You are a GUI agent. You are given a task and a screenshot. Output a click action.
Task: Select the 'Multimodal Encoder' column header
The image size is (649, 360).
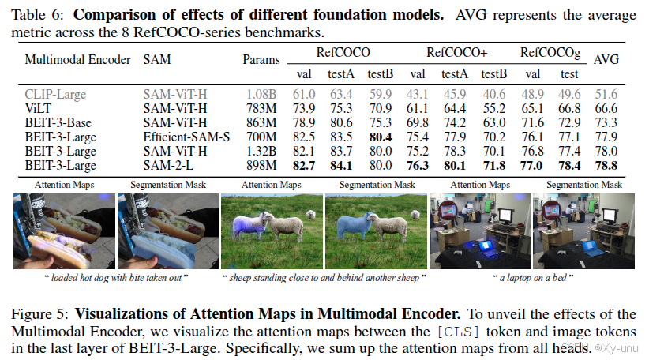(x=74, y=59)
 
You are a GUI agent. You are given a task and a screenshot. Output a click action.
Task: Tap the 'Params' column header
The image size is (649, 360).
(x=261, y=59)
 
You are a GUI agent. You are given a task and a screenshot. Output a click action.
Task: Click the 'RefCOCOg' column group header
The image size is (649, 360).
(x=550, y=53)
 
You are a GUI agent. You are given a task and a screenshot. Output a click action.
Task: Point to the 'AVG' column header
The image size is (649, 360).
(x=606, y=59)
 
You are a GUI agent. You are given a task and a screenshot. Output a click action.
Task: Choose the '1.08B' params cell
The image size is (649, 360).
(x=261, y=94)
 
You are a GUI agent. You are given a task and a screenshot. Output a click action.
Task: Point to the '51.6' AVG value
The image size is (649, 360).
(x=606, y=94)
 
